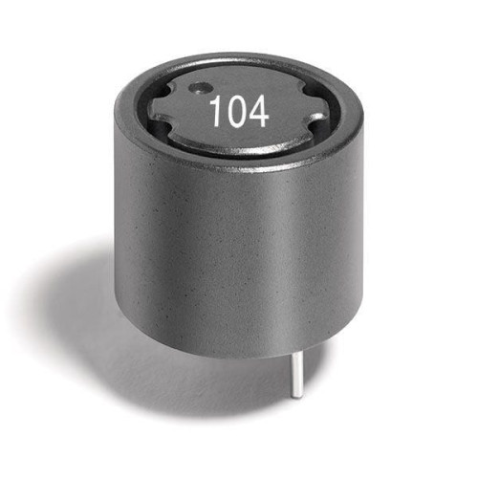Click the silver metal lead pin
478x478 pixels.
tap(296, 376)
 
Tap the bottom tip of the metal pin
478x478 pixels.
tap(297, 397)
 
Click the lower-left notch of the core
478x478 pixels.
tap(163, 130)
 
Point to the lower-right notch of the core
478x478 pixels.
tap(318, 121)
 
